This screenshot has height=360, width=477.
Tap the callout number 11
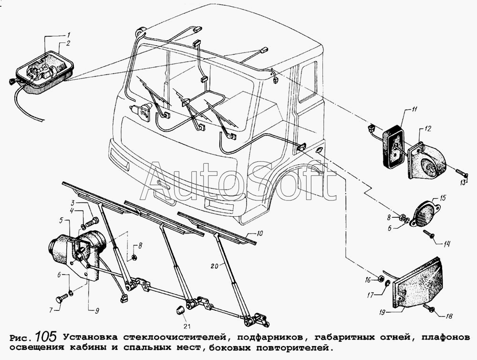pyautogui.click(x=414, y=110)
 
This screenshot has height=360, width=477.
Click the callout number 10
pyautogui.click(x=259, y=233)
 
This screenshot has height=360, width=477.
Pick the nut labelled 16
pyautogui.click(x=381, y=278)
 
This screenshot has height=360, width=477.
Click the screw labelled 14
pyautogui.click(x=432, y=234)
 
